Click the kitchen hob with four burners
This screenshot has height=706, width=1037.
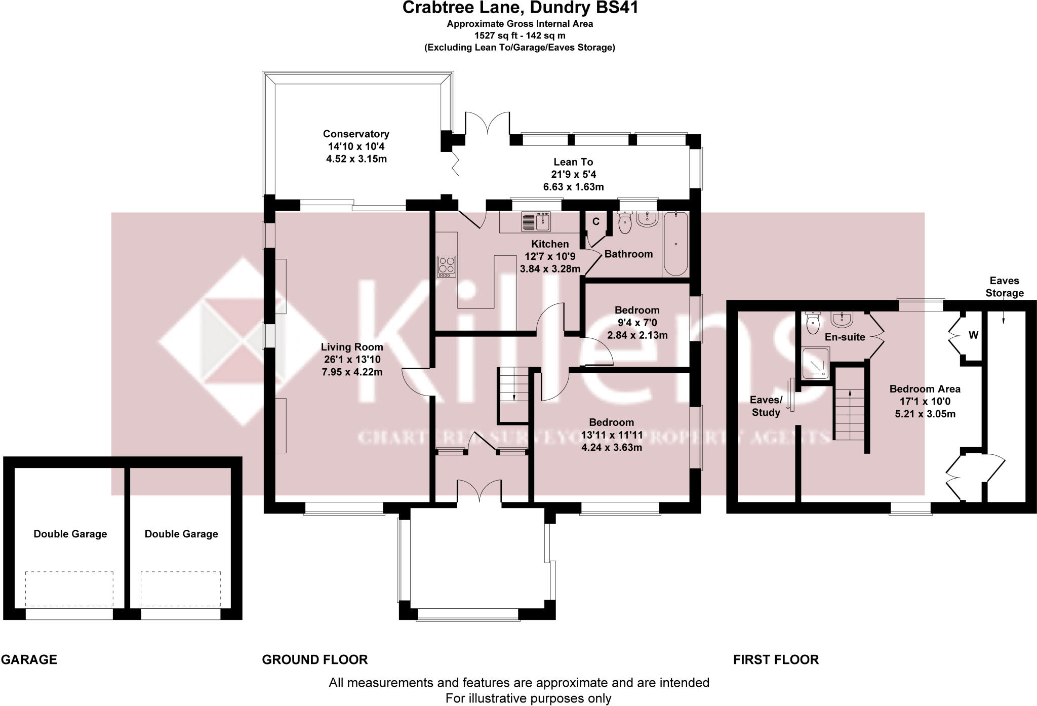(x=447, y=266)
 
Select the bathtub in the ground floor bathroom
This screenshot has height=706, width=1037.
(x=675, y=244)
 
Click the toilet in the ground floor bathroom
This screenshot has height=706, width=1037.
(x=625, y=223)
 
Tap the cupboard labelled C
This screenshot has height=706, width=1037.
(x=596, y=221)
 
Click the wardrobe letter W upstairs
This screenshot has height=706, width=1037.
(x=973, y=335)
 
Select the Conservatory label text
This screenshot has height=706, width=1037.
(x=356, y=134)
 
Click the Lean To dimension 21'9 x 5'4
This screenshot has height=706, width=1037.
(x=573, y=174)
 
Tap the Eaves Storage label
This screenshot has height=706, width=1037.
(x=1005, y=287)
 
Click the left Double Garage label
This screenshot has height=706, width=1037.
(x=70, y=534)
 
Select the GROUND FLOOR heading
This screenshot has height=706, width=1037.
(x=314, y=659)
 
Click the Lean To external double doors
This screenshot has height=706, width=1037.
(x=487, y=123)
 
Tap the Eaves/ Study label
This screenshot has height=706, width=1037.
(x=766, y=406)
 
